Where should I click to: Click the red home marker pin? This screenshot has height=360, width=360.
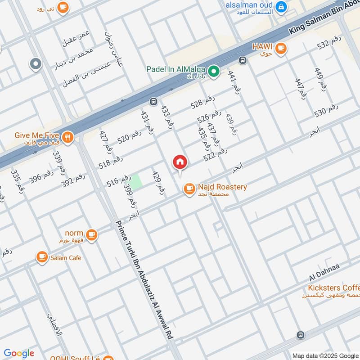pyautogui.click(x=180, y=162)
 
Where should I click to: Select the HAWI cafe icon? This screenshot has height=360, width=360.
pyautogui.click(x=281, y=48)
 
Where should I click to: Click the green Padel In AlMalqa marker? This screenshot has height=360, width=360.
pyautogui.click(x=215, y=71)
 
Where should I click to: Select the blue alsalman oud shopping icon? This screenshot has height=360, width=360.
pyautogui.click(x=281, y=6)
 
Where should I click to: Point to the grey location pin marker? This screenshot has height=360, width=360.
pyautogui.click(x=36, y=64)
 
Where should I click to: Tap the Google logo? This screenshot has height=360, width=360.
pyautogui.click(x=19, y=353)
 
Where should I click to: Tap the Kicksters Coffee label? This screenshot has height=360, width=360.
pyautogui.click(x=333, y=288)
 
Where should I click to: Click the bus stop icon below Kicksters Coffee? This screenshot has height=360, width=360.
pyautogui.click(x=301, y=335)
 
